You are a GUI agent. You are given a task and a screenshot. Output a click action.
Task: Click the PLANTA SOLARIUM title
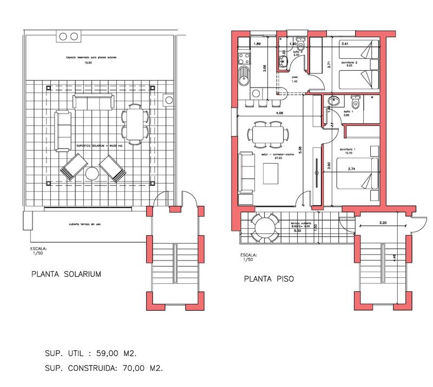(66, 274)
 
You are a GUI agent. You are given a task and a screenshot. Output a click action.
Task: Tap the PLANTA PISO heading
(268, 279)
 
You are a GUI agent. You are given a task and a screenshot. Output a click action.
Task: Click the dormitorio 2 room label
(350, 63)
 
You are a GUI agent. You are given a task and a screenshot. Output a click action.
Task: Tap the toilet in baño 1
(356, 102)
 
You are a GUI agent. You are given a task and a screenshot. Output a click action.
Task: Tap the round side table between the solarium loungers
(91, 174)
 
